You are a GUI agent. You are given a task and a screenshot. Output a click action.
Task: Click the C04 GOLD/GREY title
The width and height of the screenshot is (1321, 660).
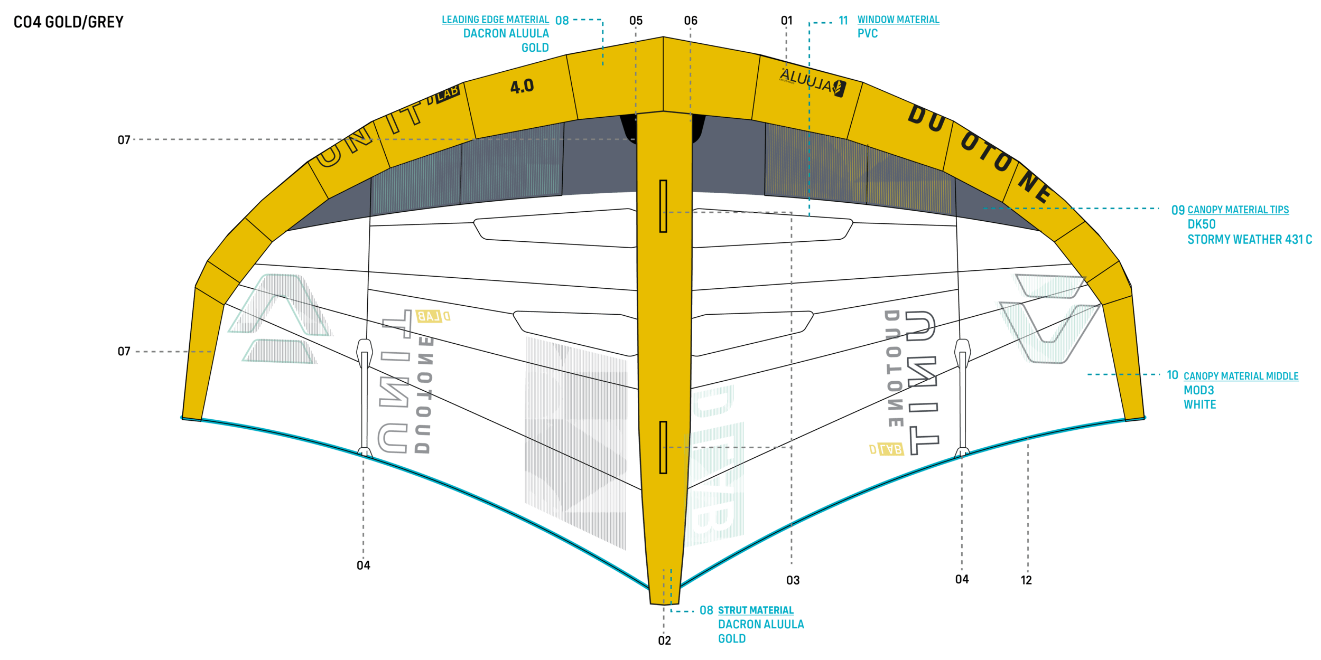tap(68, 22)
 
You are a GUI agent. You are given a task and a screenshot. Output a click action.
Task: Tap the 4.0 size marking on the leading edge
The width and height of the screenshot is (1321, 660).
tap(522, 87)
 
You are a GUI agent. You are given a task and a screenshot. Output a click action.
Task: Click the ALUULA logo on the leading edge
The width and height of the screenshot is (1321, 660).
tap(812, 82)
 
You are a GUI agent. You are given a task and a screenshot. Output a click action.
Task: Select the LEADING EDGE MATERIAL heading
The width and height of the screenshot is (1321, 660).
tap(495, 20)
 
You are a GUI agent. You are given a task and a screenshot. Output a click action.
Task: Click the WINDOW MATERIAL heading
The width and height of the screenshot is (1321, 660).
tap(898, 20)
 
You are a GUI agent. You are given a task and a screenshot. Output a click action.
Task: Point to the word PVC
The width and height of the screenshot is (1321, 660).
tap(868, 34)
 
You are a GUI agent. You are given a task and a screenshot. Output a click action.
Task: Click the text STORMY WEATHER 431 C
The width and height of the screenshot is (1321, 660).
tap(1249, 240)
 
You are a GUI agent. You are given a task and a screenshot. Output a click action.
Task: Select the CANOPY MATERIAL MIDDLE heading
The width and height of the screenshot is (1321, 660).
tap(1241, 376)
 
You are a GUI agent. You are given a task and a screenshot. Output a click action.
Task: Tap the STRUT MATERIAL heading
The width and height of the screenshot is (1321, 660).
tap(756, 610)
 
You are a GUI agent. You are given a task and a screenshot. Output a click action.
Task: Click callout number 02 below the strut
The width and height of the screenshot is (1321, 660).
tap(664, 641)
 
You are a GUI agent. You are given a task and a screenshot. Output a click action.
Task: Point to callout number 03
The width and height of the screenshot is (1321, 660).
tap(793, 581)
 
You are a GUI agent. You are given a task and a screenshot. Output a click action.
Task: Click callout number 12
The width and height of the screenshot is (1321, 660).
tap(1026, 580)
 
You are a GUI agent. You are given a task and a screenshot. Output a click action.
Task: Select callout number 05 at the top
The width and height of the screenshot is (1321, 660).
tap(636, 21)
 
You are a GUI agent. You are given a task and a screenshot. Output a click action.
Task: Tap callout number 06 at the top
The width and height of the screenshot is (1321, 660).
tap(691, 21)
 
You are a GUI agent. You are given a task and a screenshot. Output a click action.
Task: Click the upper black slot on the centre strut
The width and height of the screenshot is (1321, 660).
tap(663, 206)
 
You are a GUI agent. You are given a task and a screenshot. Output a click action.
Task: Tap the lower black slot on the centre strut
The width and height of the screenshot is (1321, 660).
tap(663, 447)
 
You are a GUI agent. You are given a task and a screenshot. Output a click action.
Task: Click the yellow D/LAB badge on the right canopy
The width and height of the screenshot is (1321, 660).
tap(887, 449)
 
